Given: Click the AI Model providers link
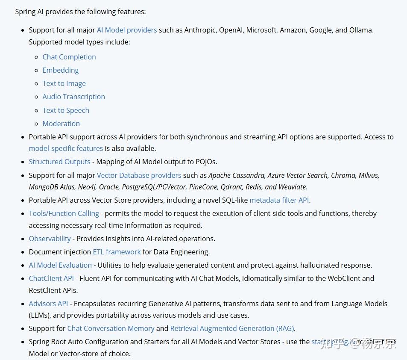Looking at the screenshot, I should (127, 30).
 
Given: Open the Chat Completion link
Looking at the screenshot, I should (69, 57).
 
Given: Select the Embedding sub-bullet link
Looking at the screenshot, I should (61, 70).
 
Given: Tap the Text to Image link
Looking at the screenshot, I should (64, 83).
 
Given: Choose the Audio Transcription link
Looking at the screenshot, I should (73, 97).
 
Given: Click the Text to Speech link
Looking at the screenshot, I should (66, 110).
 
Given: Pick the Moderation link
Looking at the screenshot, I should (61, 124).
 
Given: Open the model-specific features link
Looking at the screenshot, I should (66, 148).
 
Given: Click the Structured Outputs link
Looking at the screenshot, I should (59, 162).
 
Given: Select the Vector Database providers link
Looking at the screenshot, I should (139, 175).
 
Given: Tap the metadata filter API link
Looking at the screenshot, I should (279, 200).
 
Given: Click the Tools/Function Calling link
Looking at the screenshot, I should (64, 213).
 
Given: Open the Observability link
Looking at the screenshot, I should (50, 239).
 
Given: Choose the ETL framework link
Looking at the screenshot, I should (117, 252).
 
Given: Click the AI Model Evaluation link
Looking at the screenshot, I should (60, 265).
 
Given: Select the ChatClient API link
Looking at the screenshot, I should (51, 278).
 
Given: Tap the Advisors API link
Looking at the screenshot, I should (48, 304).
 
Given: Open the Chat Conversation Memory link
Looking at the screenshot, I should (111, 328).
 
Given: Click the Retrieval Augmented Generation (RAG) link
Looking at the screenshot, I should (232, 328).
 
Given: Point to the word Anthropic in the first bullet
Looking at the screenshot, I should (200, 30).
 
